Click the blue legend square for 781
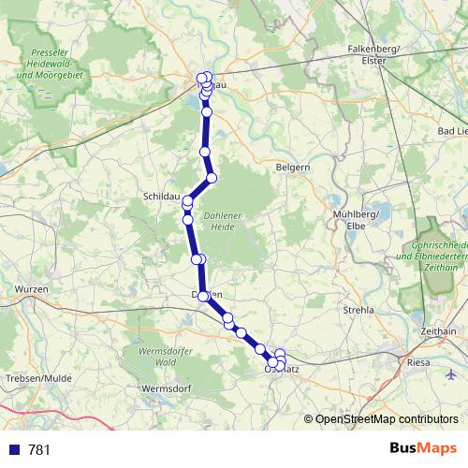coord(14,449)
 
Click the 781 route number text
coord(40,449)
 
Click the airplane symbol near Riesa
coord(452,374)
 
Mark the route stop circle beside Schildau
coord(188,201)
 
